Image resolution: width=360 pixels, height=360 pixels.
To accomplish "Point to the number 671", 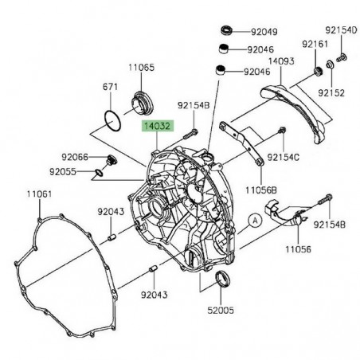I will tap(110, 86).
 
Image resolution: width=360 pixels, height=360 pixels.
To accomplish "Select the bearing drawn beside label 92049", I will tap(225, 32).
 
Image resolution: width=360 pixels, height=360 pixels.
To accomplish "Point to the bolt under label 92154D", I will tap(341, 57).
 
